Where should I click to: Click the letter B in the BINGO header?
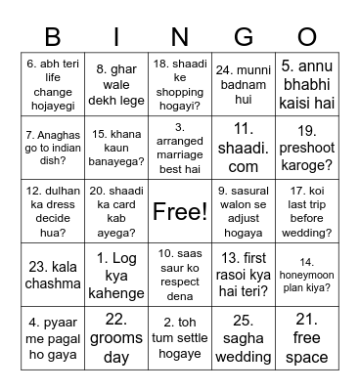[54, 36]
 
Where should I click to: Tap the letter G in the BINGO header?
[244, 36]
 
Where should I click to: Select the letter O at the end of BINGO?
[306, 36]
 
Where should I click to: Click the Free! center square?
[180, 211]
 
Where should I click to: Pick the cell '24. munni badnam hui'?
[244, 78]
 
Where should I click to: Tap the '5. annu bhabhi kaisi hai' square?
[306, 78]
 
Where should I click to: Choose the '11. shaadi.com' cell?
[244, 145]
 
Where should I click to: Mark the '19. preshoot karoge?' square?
[306, 145]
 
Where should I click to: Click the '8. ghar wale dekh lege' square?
[117, 78]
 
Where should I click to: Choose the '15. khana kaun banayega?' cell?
[117, 145]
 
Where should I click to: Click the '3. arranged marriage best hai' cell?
[180, 145]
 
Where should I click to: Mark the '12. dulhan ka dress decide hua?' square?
[54, 211]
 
